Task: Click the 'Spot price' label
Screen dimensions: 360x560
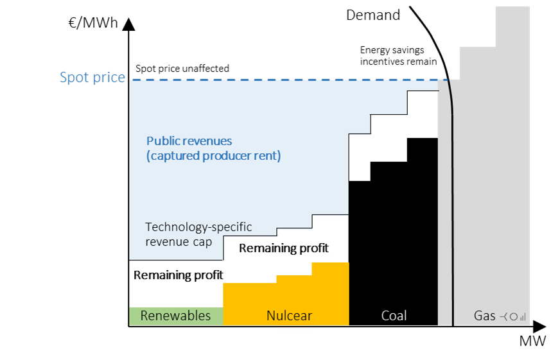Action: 92,78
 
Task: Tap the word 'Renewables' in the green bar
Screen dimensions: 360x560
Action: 175,316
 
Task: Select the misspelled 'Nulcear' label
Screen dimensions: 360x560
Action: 289,316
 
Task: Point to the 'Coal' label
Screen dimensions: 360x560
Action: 394,316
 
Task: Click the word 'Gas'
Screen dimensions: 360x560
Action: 484,316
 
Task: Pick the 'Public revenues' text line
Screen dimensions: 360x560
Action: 189,141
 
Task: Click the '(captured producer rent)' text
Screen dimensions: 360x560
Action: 213,156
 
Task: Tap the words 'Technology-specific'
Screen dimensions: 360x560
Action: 198,227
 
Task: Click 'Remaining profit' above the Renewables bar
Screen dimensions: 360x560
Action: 178,275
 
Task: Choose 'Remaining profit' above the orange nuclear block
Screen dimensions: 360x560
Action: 283,248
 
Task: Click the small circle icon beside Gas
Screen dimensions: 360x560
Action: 512,317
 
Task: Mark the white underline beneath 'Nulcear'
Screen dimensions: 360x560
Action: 294,328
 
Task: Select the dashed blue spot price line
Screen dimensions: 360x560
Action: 283,80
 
